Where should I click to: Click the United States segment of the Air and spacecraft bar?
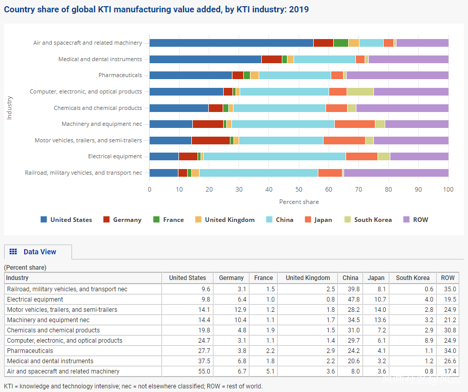[231, 43]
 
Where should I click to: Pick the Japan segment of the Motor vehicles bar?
[344, 140]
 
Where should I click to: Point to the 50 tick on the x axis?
[299, 190]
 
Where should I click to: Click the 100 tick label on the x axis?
[448, 190]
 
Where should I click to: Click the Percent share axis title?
[299, 202]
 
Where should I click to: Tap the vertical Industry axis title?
[9, 107]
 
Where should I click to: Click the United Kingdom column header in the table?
[308, 278]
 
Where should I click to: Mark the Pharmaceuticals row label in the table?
[30, 351]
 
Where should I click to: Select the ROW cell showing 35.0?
[447, 289]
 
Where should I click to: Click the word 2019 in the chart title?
[299, 10]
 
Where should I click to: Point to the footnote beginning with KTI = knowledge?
[133, 386]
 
